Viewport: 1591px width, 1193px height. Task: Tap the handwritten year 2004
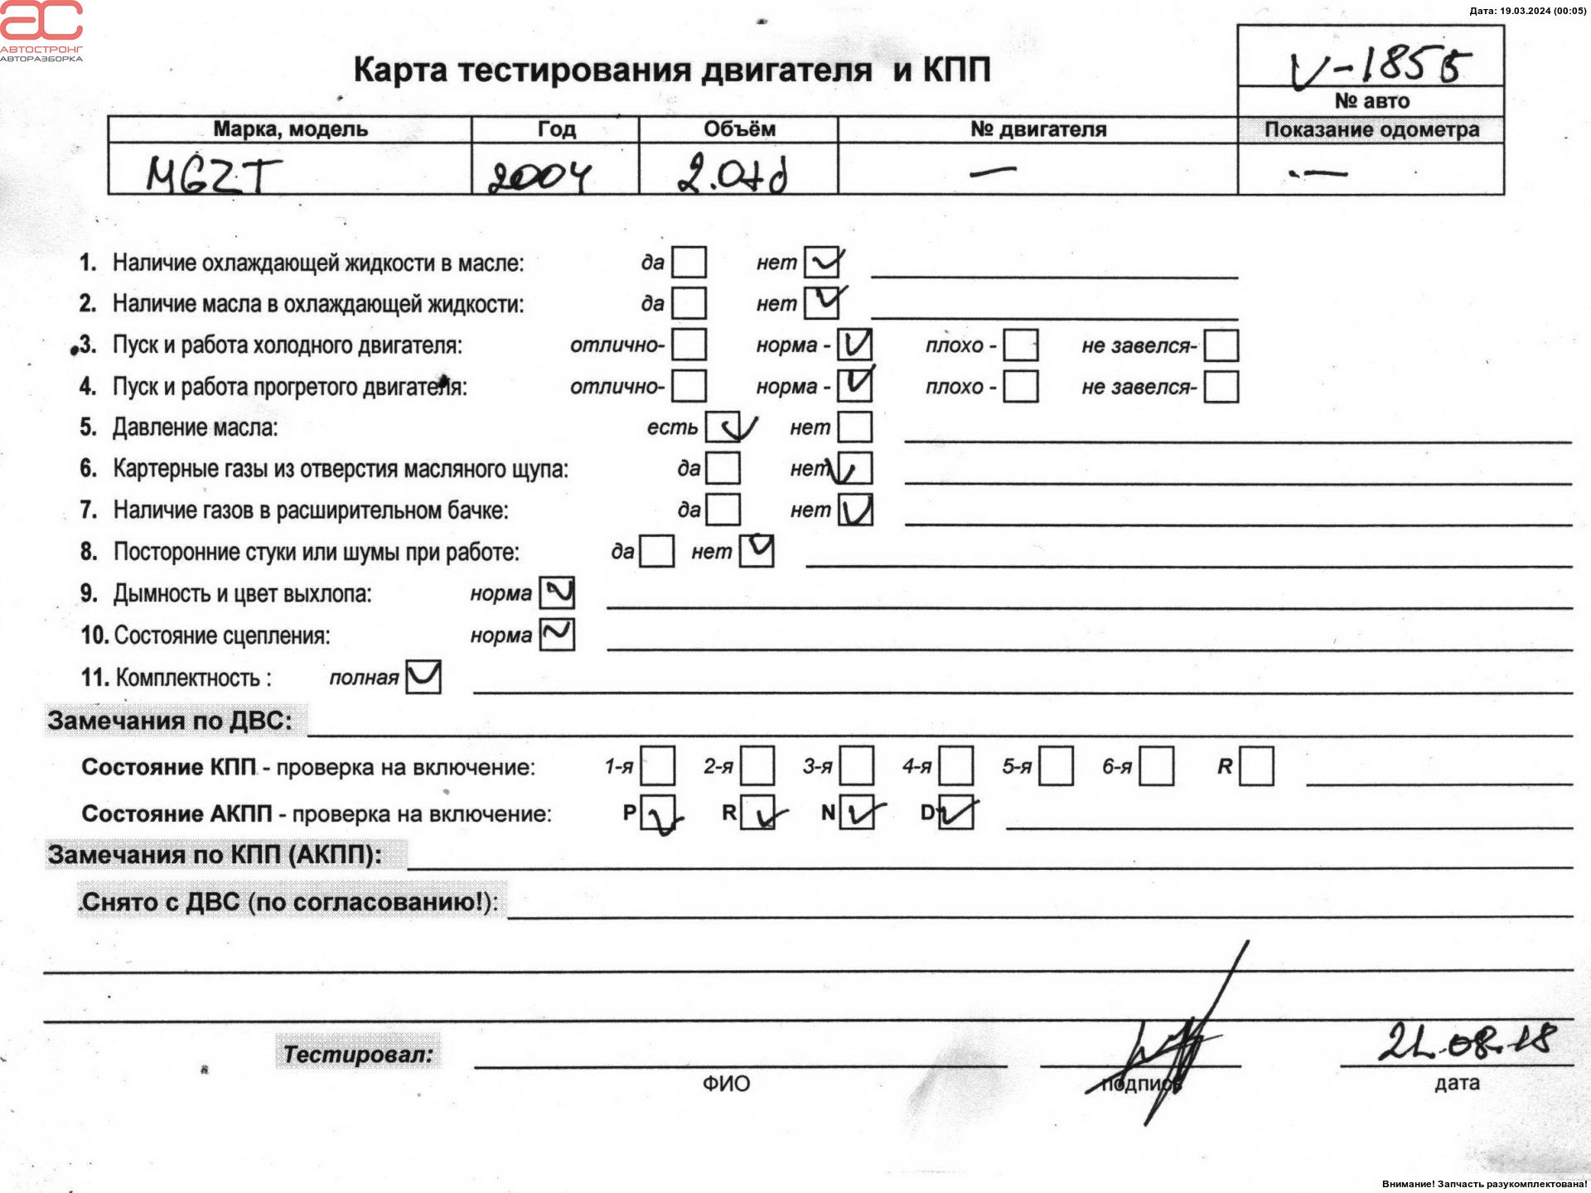(539, 175)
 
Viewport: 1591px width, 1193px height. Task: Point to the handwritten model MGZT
(213, 175)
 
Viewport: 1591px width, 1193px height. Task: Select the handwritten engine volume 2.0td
(732, 175)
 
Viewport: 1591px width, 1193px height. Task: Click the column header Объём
(739, 129)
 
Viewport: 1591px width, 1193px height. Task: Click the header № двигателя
(1037, 129)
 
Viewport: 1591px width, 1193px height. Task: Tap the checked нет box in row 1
(822, 263)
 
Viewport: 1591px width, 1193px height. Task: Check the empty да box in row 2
(689, 303)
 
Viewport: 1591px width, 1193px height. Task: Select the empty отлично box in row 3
(689, 345)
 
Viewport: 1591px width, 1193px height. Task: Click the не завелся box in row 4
(1221, 386)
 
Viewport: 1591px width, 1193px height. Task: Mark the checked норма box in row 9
(557, 593)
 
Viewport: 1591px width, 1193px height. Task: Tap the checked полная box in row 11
(423, 677)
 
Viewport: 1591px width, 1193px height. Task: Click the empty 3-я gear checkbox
(857, 766)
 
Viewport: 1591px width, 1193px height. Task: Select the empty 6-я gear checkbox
(1156, 766)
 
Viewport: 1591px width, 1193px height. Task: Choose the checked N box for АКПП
(857, 813)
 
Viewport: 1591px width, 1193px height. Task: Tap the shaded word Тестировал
(358, 1054)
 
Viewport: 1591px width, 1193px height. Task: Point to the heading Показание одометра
(1371, 129)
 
